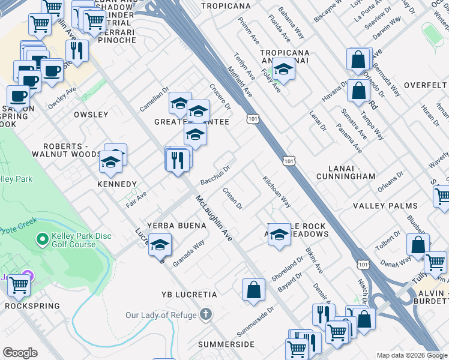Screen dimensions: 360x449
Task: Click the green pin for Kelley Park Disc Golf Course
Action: pos(41,239)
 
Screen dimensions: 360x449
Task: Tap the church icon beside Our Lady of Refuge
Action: pos(206,314)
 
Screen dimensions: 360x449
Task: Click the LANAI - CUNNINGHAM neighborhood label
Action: pos(346,176)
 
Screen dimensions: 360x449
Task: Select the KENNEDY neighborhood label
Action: pos(117,184)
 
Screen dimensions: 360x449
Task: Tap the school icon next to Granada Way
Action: pos(160,245)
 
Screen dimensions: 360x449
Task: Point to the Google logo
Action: pos(20,353)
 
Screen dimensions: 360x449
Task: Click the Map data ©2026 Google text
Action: pos(412,355)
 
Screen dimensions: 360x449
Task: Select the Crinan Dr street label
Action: pos(232,199)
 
